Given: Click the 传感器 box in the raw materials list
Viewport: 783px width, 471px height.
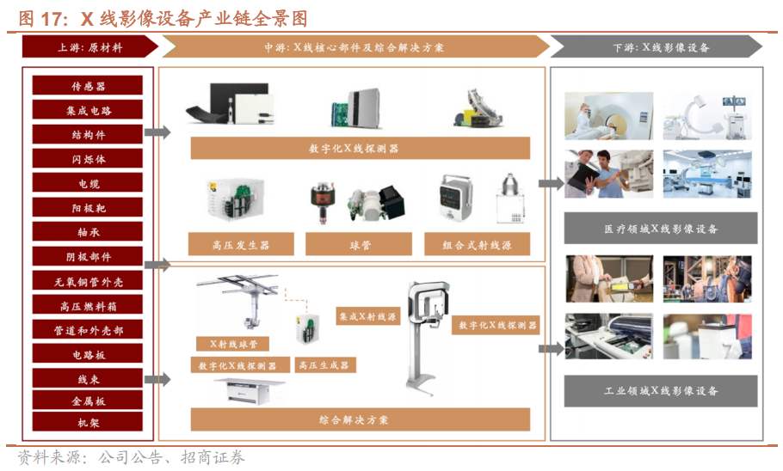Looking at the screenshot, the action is tap(88, 85).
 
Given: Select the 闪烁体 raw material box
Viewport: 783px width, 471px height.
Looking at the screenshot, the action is tap(88, 159).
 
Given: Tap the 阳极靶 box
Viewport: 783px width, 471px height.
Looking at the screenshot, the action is tap(88, 207).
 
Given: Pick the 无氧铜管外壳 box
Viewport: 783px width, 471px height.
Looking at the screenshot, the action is tap(88, 281).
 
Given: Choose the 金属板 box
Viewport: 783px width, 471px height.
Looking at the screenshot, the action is tap(88, 401).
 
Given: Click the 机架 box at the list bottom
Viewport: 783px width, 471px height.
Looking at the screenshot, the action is tap(88, 422).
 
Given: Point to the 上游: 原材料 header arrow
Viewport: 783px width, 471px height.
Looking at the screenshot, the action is tap(89, 47).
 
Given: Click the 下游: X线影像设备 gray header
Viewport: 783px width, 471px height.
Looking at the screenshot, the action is tap(657, 47).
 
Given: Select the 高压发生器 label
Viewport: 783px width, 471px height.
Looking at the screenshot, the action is tap(241, 244).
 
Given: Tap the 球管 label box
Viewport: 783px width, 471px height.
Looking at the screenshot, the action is tap(359, 244).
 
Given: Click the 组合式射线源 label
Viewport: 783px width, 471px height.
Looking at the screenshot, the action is tap(477, 244).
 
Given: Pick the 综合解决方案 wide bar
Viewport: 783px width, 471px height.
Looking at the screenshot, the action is tap(360, 419).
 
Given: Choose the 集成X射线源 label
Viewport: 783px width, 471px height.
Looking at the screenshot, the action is tap(368, 316).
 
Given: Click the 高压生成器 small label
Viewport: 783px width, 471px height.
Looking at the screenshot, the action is tap(325, 365).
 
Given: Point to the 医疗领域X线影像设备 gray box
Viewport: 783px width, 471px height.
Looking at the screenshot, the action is tap(661, 229).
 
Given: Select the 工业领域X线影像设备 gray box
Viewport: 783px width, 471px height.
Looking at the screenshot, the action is tap(661, 391).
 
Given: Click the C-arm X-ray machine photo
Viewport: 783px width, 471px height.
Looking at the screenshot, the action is tap(707, 116).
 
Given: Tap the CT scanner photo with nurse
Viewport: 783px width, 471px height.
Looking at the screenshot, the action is tap(608, 116).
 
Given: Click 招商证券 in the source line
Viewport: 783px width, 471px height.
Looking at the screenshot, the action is tap(213, 457).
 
